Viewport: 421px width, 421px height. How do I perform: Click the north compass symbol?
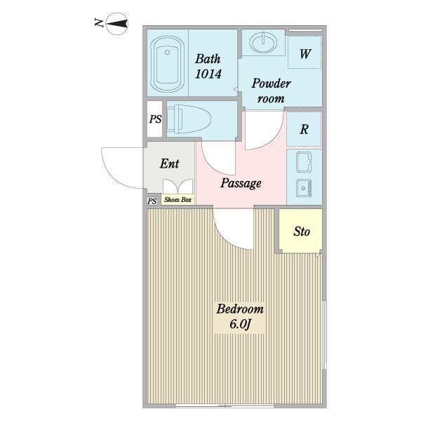[117, 24]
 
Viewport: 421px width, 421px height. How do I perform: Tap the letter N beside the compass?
[99, 22]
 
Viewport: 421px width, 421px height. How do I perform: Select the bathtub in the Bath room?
[167, 65]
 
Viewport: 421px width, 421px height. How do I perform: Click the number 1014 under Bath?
[208, 74]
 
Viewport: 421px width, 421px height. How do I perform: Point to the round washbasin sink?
[263, 42]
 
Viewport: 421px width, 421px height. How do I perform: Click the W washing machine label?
[305, 54]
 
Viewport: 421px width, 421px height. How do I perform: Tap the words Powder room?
[271, 91]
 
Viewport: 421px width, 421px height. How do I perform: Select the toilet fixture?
[189, 119]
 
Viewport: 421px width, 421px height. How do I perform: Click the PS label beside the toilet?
[156, 119]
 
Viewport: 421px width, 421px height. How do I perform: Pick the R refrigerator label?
[304, 129]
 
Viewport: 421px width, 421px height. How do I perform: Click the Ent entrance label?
[169, 163]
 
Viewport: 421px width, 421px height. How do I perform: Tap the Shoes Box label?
[178, 199]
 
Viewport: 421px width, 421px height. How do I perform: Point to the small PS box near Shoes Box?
[152, 201]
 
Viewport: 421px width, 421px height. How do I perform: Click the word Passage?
[241, 183]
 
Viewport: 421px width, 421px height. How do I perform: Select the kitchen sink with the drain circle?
[304, 188]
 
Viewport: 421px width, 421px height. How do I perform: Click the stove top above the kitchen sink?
[304, 162]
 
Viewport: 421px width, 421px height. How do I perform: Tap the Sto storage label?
[302, 232]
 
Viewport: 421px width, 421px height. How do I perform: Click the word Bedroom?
[240, 309]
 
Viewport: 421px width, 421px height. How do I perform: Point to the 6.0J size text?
[240, 324]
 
